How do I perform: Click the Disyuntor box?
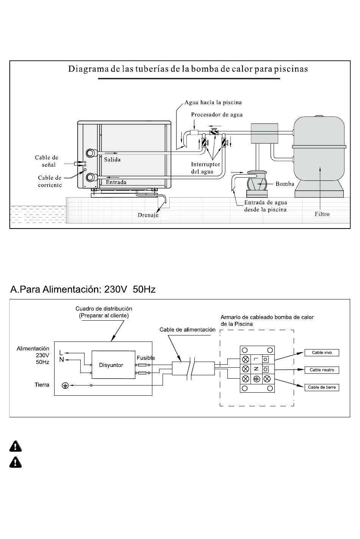click(113, 365)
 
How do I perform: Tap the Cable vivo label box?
click(322, 353)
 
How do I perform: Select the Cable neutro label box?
click(322, 370)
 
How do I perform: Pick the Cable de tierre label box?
click(322, 387)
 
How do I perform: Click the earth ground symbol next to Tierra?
click(65, 385)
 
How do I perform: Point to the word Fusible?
click(146, 358)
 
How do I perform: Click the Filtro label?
click(322, 214)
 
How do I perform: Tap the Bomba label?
click(285, 184)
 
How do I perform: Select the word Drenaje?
click(148, 215)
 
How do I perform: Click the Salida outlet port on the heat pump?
click(91, 153)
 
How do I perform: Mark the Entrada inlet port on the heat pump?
click(91, 177)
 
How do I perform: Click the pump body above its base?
click(257, 183)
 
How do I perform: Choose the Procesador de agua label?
click(217, 114)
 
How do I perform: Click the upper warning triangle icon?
click(16, 447)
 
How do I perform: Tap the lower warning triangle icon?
click(16, 462)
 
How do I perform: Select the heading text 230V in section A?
click(116, 289)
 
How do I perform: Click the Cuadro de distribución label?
click(104, 309)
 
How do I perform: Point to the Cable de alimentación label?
click(188, 330)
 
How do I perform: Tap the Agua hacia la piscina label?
click(213, 102)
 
